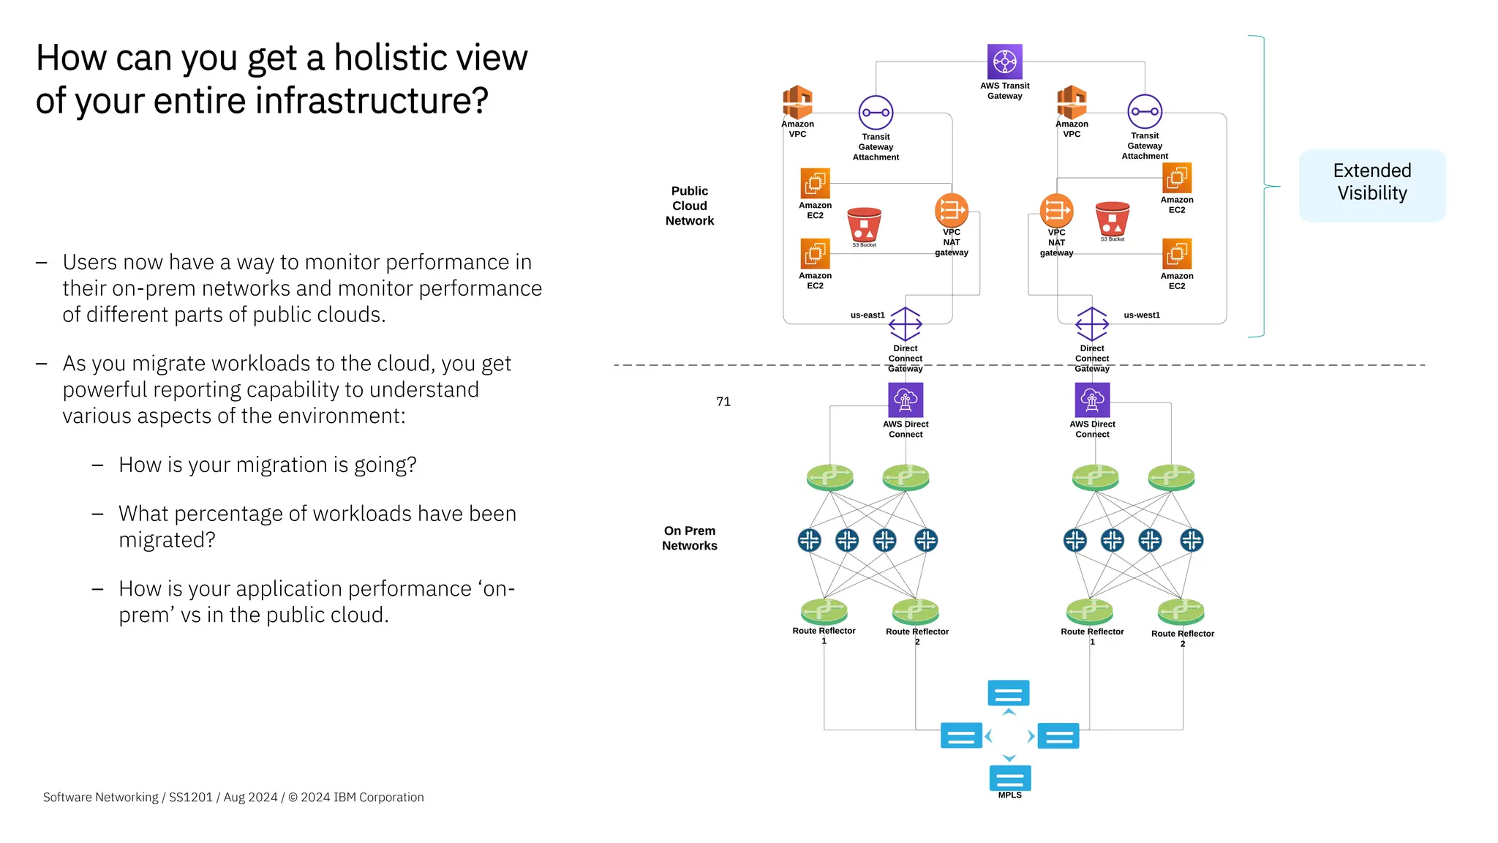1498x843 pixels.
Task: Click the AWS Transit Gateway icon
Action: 1004,61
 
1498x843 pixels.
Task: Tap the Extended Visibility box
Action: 1371,185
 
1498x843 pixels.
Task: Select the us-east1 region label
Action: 867,315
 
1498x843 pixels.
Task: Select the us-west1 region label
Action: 1141,315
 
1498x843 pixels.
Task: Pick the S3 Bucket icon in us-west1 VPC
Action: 1113,219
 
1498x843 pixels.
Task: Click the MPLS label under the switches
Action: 1009,795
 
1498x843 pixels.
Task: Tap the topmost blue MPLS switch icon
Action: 1008,692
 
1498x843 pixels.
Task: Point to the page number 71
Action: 723,402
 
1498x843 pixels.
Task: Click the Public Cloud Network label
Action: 689,206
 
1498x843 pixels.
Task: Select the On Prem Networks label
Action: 689,538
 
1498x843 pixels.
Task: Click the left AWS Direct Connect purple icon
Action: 906,400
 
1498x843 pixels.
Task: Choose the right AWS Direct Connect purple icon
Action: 1092,400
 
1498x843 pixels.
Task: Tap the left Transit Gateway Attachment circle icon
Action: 876,113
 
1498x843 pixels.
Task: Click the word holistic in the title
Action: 398,58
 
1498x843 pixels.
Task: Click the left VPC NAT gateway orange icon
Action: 951,210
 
